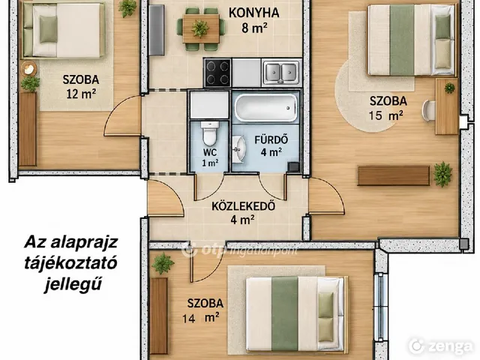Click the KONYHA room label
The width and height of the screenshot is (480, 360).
click(x=253, y=13)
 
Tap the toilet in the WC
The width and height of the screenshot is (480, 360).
click(x=210, y=133)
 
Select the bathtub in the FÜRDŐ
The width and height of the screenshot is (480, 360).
click(x=265, y=107)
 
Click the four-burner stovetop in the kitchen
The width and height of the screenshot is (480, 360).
click(x=217, y=73)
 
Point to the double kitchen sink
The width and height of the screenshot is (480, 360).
click(x=281, y=73)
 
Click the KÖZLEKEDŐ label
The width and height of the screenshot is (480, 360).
click(x=243, y=206)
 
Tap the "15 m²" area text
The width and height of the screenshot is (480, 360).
click(x=385, y=115)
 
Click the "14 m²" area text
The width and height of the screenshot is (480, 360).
click(x=200, y=318)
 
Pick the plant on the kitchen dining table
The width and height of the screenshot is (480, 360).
click(x=200, y=28)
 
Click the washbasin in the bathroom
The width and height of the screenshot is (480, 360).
click(x=238, y=149)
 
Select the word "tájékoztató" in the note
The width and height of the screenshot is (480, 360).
click(x=70, y=263)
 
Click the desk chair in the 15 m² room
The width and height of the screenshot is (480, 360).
click(x=429, y=111)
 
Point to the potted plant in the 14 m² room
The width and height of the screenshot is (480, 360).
click(x=163, y=263)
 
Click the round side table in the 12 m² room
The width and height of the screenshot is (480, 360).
click(x=28, y=69)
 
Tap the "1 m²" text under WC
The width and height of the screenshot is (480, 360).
click(x=210, y=163)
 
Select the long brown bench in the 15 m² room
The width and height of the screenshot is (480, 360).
click(x=394, y=175)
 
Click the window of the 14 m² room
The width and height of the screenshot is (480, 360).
click(x=379, y=307)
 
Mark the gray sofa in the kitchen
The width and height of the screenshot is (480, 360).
click(x=157, y=30)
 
